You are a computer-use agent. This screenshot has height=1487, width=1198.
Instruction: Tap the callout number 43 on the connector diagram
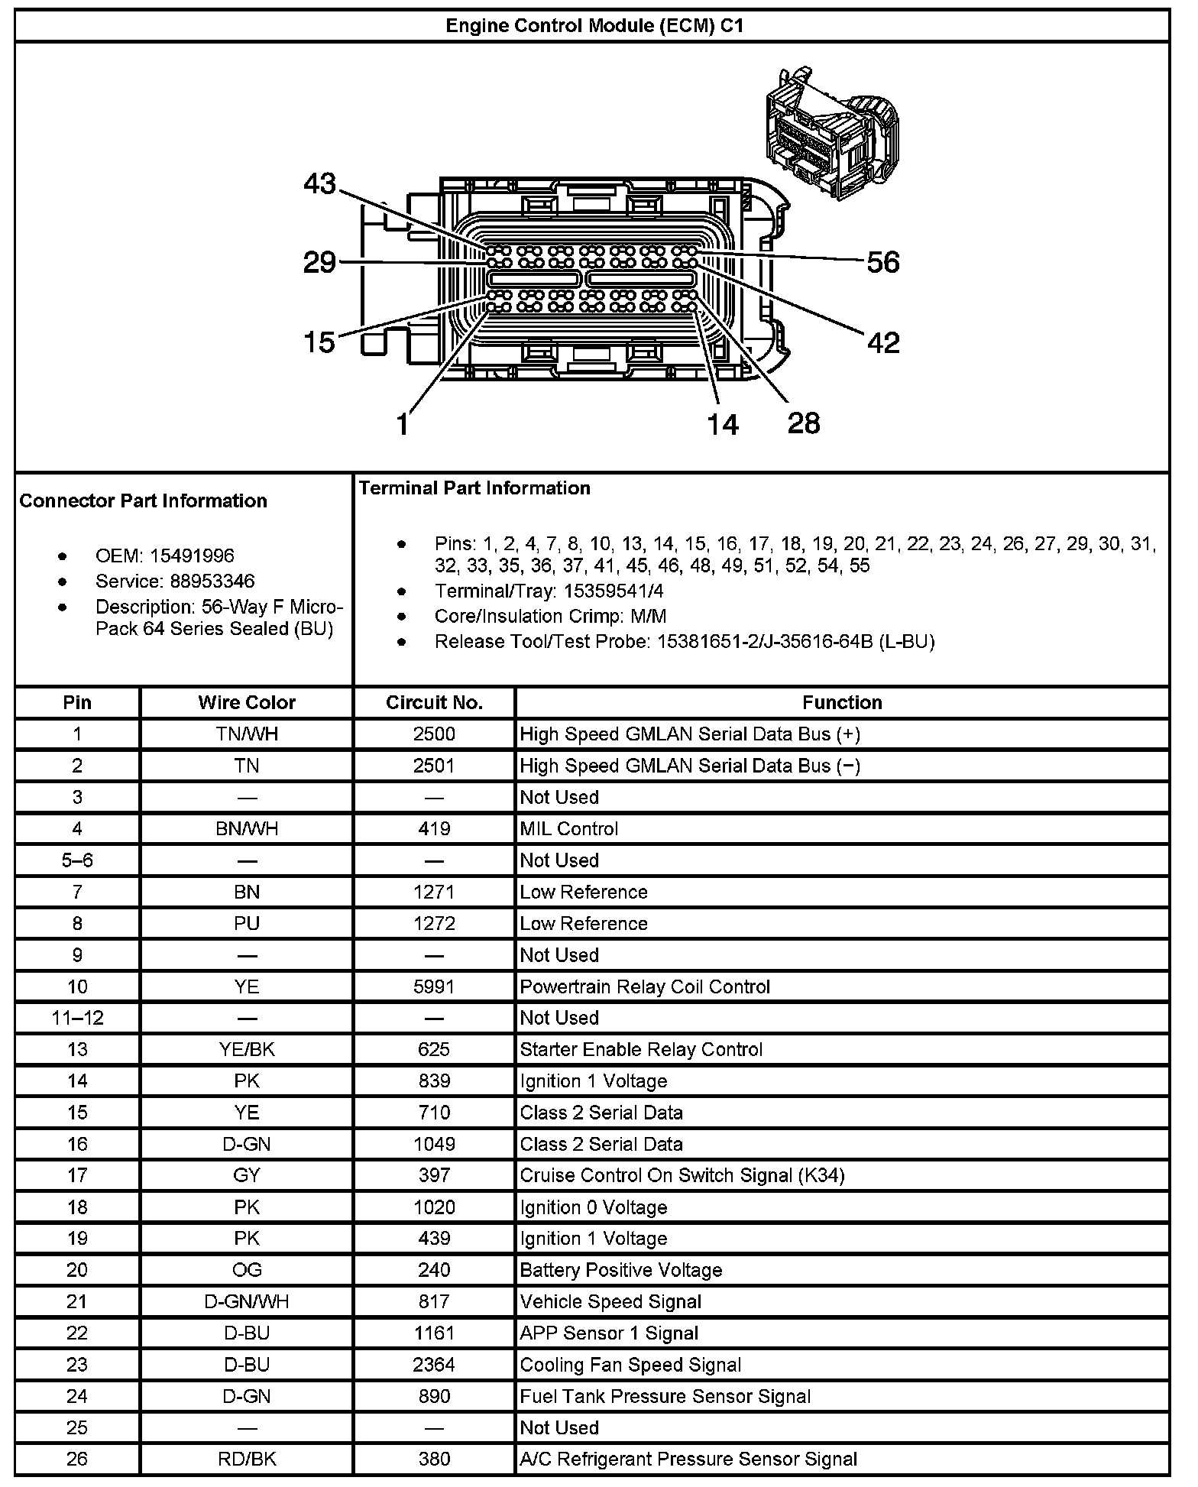(x=319, y=183)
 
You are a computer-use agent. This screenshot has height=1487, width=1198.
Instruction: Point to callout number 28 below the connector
(x=803, y=423)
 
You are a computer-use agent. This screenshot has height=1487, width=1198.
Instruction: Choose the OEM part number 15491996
(x=192, y=556)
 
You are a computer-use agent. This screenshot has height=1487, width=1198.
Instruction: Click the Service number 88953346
(x=212, y=581)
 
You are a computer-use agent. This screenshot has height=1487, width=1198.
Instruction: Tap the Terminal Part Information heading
(x=474, y=488)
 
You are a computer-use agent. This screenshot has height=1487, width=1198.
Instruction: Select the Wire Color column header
(x=247, y=702)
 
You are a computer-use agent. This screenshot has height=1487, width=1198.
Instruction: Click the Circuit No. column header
(x=434, y=702)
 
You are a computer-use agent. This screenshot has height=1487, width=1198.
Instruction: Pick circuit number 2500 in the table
(x=434, y=734)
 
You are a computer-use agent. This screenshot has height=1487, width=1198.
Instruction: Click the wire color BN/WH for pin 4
(x=247, y=829)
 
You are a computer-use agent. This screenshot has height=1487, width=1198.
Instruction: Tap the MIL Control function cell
(x=569, y=829)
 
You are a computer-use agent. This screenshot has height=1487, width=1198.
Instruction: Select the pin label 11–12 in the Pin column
(x=77, y=1018)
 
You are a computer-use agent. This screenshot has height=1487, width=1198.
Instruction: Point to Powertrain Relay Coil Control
(x=645, y=986)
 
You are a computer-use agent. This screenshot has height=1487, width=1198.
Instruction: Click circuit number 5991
(x=434, y=986)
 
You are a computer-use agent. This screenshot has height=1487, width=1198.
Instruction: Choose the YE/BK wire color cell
(x=247, y=1049)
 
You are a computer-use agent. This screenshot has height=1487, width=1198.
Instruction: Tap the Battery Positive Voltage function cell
(x=620, y=1270)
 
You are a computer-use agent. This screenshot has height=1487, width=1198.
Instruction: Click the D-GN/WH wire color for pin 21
(x=247, y=1301)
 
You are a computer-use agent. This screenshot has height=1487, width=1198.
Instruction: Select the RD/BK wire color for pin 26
(x=247, y=1459)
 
